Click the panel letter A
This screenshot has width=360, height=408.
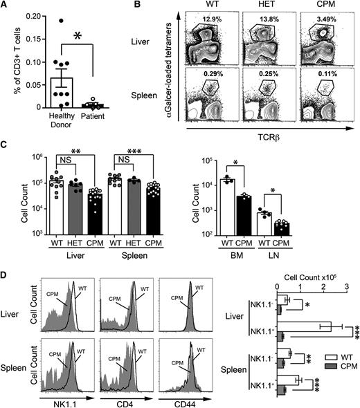tap(5, 6)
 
